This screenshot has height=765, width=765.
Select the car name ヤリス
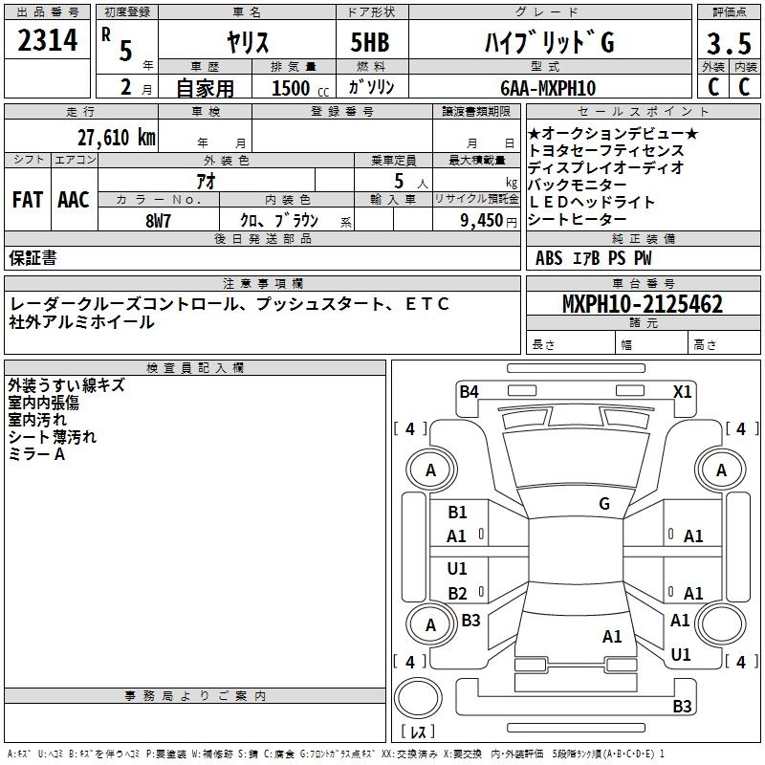tap(246, 42)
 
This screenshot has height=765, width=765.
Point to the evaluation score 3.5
tap(728, 43)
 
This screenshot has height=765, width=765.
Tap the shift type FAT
tap(27, 200)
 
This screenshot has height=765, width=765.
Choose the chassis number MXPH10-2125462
tap(642, 305)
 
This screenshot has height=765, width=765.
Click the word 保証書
tap(33, 257)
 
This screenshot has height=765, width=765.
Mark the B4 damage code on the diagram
tap(469, 390)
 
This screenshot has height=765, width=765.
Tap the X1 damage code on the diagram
tap(682, 390)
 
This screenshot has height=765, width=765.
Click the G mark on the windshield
tap(604, 504)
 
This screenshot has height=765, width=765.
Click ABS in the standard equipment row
tap(549, 257)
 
